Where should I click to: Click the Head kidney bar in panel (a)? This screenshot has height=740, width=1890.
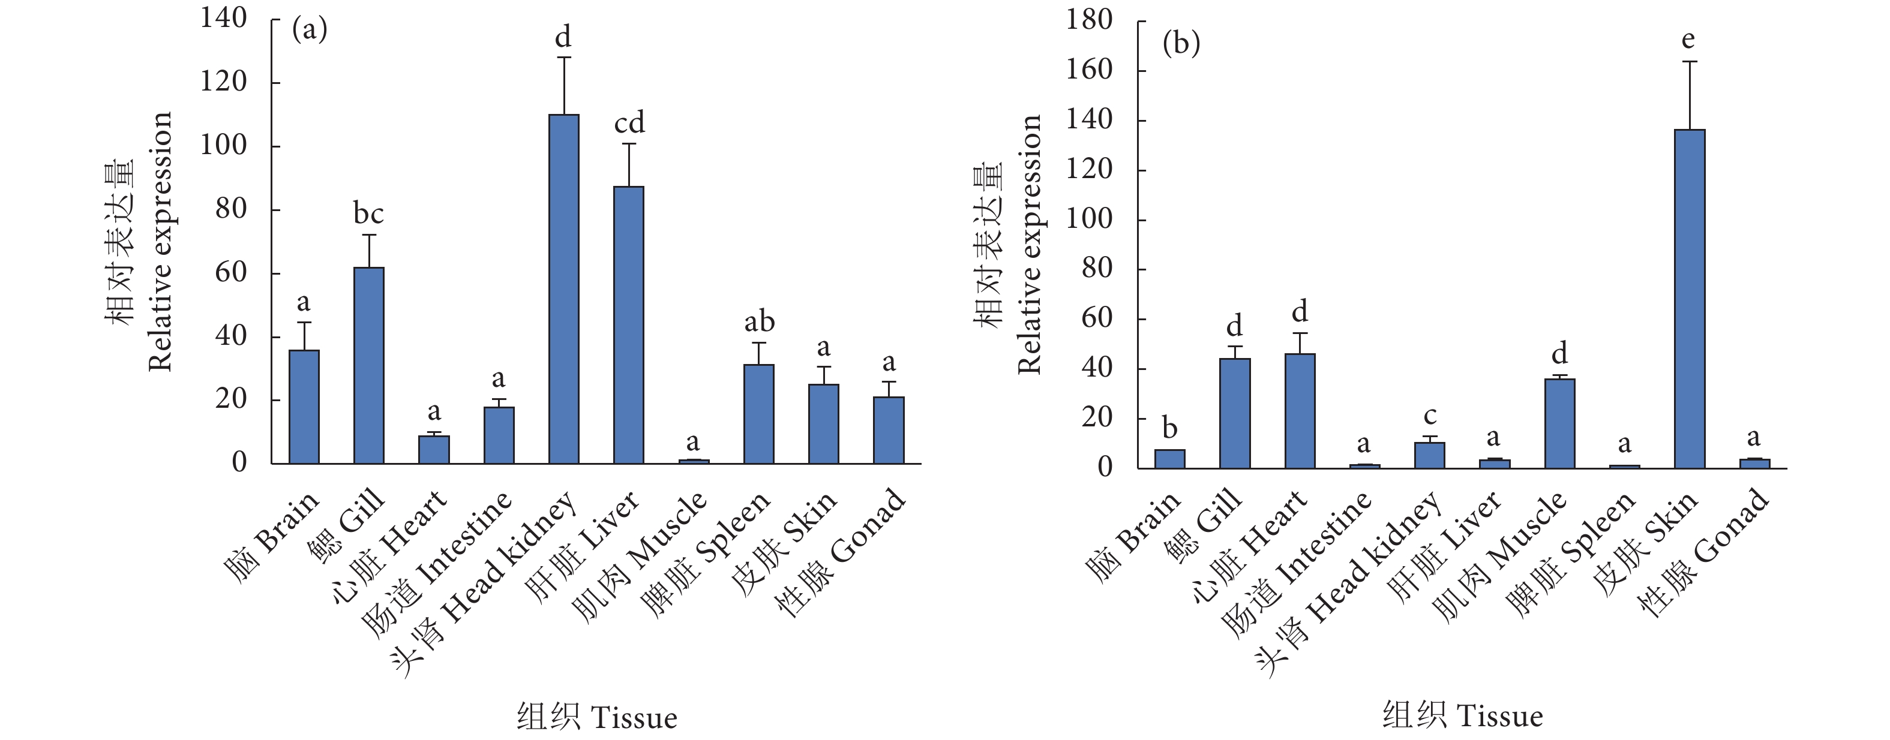tap(563, 289)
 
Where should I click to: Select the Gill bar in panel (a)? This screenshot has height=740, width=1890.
tap(368, 365)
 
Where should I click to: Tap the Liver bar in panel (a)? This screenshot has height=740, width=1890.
tap(629, 325)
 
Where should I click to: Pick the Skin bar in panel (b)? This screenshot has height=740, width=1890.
tap(1689, 299)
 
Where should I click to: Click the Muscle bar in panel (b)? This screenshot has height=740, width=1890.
tap(1559, 423)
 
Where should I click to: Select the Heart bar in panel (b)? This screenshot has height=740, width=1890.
tap(1300, 411)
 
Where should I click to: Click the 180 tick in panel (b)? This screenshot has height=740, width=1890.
tap(1089, 20)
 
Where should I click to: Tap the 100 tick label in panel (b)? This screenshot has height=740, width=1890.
tap(1089, 218)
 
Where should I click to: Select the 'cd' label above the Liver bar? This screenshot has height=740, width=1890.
tap(629, 122)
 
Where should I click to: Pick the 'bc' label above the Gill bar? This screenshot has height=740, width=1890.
tap(368, 213)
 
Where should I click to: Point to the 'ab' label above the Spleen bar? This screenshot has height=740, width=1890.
tap(758, 321)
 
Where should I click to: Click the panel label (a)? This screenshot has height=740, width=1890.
tap(310, 30)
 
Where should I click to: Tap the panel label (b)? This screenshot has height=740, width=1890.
tap(1181, 43)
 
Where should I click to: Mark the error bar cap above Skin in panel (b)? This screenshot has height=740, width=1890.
tap(1689, 62)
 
